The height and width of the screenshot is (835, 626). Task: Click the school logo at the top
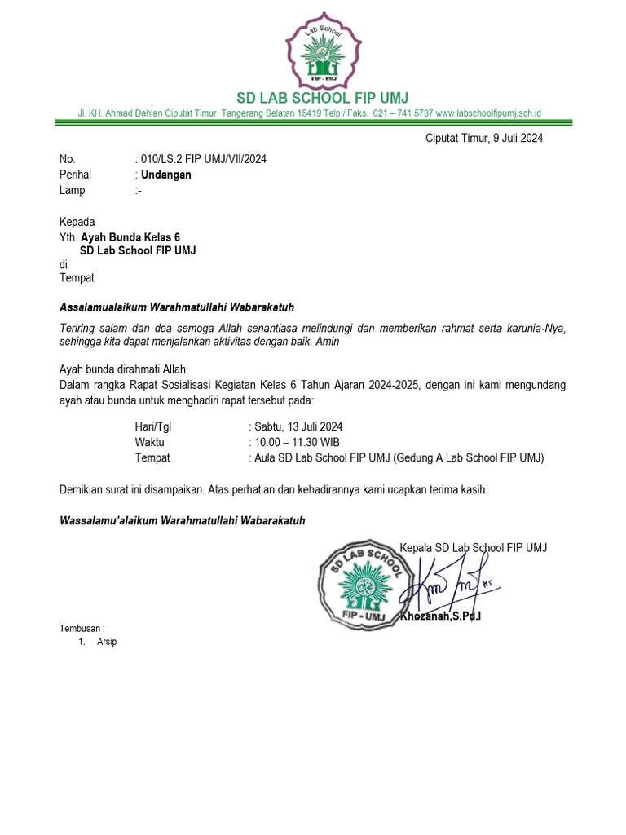click(x=322, y=51)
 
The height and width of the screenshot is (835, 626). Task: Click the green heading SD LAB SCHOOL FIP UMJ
click(x=322, y=99)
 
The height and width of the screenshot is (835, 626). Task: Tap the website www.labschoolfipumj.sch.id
click(x=489, y=114)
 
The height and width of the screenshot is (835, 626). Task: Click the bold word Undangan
click(x=166, y=175)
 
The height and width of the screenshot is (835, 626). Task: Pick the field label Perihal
click(x=75, y=175)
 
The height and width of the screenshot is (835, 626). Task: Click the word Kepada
click(x=77, y=222)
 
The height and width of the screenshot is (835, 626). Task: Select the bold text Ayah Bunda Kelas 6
click(x=130, y=237)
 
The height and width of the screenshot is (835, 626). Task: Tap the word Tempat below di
click(x=77, y=277)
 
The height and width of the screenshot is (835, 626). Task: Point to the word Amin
click(x=328, y=342)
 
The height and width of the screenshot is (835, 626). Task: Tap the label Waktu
click(x=150, y=442)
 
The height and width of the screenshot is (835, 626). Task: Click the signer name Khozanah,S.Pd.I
click(x=440, y=616)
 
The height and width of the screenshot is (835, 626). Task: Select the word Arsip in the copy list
click(x=107, y=643)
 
